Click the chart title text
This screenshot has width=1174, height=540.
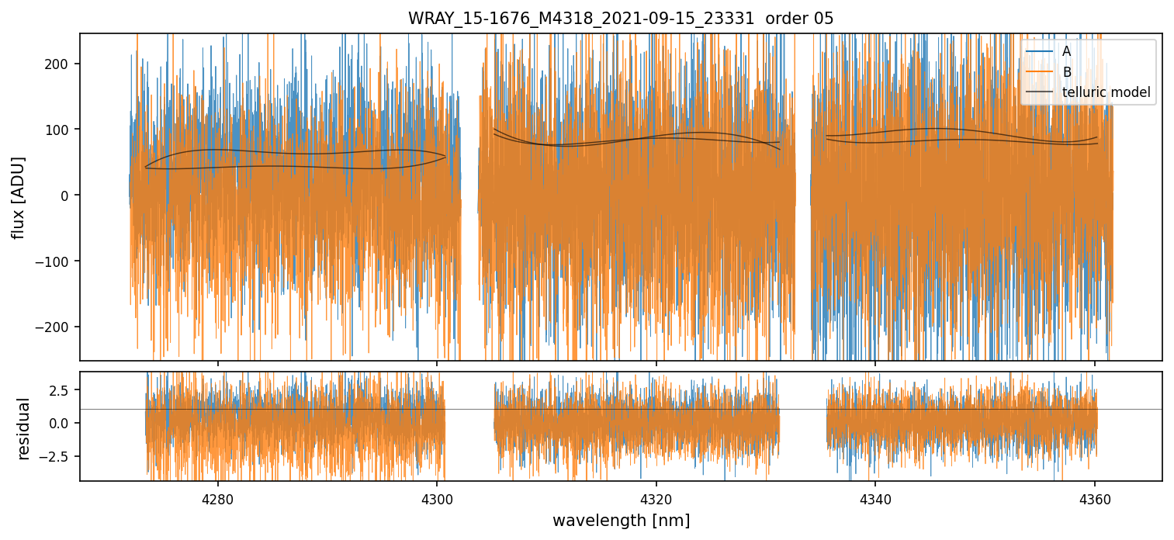(x=621, y=19)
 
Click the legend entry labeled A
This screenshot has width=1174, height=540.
(x=1066, y=52)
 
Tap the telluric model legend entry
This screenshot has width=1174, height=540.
(x=1106, y=94)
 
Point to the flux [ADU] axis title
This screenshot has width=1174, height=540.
(x=19, y=197)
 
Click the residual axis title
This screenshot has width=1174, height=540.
(x=23, y=428)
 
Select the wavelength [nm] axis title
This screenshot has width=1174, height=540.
(x=621, y=521)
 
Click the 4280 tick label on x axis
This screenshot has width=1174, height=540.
(x=217, y=498)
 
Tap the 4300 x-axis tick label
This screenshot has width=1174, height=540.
(x=437, y=498)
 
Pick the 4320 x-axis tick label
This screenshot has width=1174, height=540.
(x=656, y=498)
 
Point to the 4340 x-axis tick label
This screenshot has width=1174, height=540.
(x=875, y=498)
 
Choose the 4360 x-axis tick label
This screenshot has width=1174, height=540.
(x=1094, y=498)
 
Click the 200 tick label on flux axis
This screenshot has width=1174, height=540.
(x=60, y=64)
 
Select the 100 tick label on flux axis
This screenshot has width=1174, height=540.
(x=60, y=130)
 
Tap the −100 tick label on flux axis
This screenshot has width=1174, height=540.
(x=56, y=261)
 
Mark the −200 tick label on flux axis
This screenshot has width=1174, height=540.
(x=56, y=327)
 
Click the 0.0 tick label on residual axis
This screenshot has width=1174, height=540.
(x=60, y=423)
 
